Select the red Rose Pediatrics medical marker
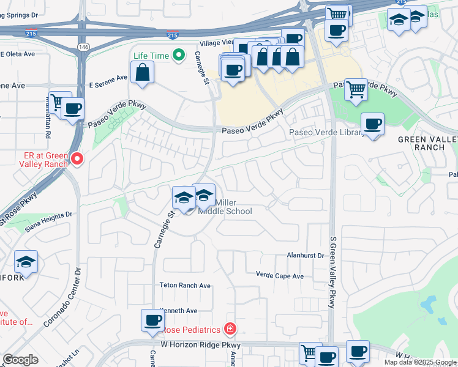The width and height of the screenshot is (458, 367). point(230,329)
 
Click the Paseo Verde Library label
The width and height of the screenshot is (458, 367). point(325,132)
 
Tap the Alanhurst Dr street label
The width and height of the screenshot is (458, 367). point(305,255)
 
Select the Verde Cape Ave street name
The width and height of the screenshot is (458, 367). point(279,276)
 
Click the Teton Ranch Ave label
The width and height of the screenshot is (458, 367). point(185,286)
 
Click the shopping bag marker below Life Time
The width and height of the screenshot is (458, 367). point(143,73)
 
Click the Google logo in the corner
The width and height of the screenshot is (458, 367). point(20,360)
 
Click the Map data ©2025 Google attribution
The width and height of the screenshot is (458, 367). point(420,362)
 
